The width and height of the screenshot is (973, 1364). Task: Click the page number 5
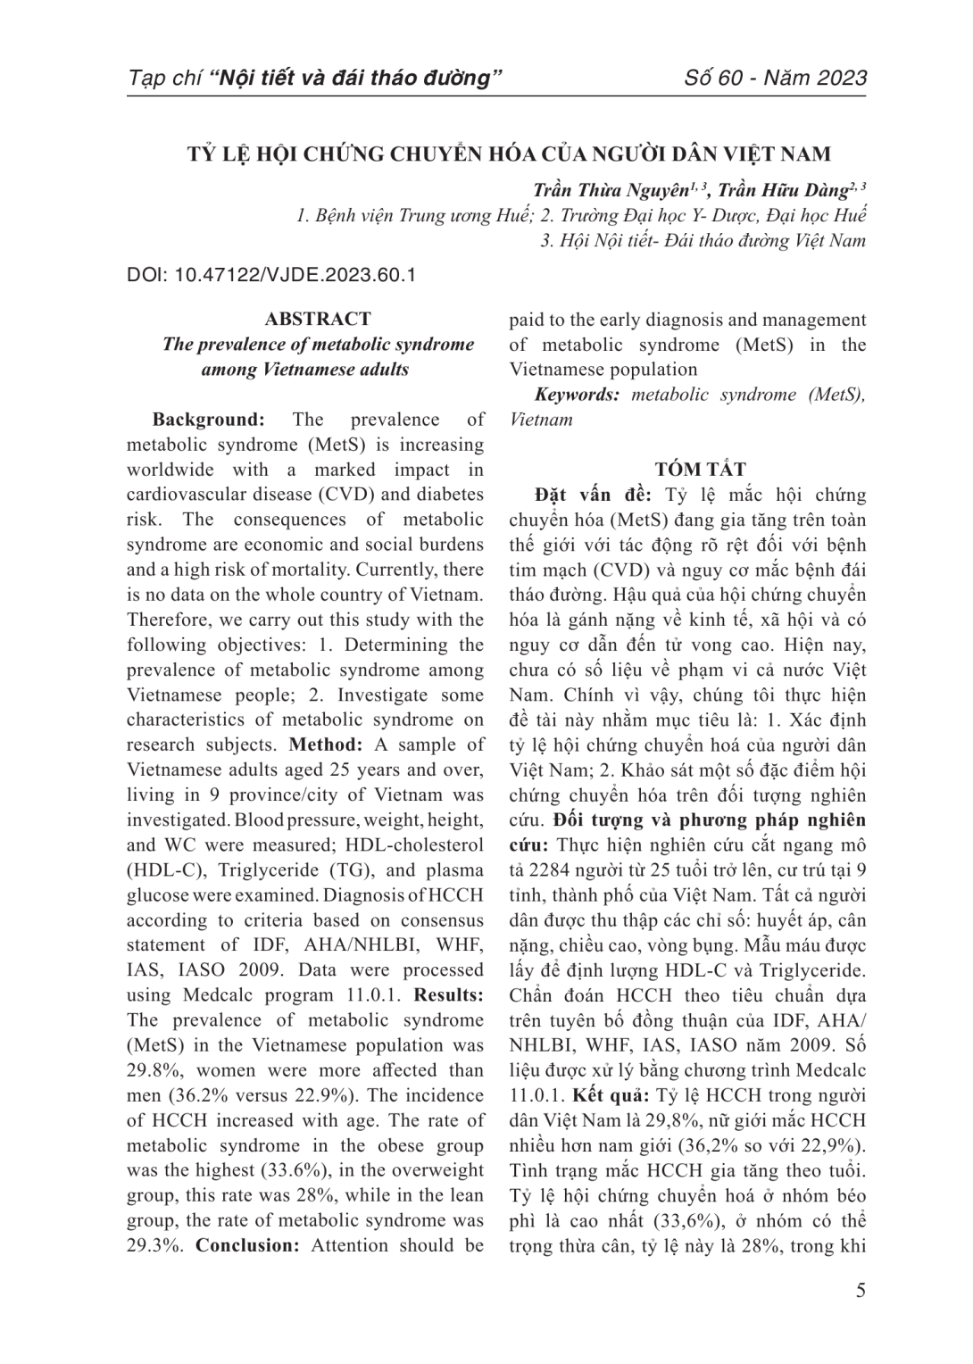pos(861,1291)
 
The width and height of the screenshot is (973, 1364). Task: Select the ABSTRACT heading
pos(318,319)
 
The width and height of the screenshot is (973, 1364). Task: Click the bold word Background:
pos(208,420)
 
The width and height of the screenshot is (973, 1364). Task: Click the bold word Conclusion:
pos(247,1245)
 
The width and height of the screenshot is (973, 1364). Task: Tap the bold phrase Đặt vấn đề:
pos(593,495)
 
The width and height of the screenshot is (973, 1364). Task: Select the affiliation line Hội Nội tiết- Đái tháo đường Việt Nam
pos(703,240)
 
